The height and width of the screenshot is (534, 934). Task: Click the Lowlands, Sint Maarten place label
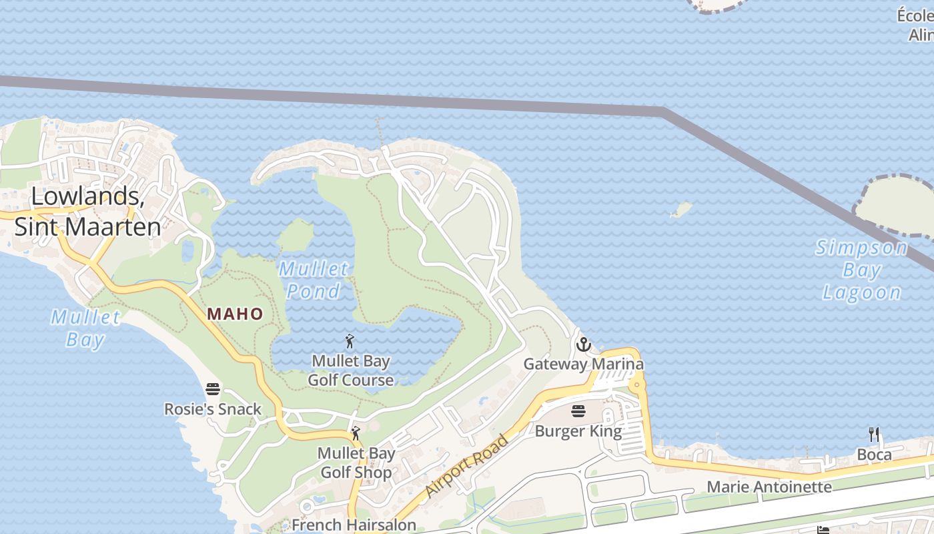87,212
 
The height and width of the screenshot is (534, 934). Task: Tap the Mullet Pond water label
314,280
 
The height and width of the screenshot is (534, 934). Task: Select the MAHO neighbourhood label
235,314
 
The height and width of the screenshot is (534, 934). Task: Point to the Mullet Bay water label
86,328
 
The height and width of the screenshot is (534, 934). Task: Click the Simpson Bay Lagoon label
861,270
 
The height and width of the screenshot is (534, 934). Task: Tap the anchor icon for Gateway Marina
584,345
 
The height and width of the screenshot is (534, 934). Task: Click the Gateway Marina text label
583,364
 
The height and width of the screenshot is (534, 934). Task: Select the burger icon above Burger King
578,412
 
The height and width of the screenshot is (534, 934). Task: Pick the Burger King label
578,431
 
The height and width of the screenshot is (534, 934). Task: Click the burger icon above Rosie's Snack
213,389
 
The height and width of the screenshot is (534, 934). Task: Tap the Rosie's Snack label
213,409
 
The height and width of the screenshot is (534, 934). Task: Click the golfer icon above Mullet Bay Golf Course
350,342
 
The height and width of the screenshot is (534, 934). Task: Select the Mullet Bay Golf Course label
350,370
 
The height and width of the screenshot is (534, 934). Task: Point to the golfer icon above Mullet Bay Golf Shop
356,433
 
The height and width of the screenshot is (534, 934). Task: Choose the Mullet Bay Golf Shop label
356,463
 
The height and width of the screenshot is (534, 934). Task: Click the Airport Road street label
467,465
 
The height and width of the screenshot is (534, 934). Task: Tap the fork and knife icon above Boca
874,435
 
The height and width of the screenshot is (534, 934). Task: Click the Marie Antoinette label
769,487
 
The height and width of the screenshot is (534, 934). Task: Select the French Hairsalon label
354,525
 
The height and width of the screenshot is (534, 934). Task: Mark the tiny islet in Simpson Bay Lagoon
680,210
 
